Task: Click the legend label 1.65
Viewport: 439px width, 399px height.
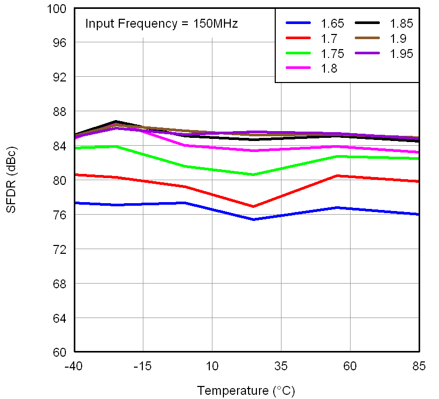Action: point(332,24)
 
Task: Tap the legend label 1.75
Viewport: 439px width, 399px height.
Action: point(332,53)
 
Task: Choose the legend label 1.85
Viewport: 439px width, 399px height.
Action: point(402,24)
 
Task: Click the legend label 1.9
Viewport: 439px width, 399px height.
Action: point(398,38)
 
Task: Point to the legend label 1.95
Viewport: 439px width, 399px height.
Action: point(402,53)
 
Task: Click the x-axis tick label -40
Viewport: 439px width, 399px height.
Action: point(74,366)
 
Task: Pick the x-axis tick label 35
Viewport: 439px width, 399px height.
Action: point(281,366)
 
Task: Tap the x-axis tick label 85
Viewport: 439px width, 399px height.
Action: point(419,366)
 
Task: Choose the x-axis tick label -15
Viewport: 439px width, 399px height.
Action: point(143,366)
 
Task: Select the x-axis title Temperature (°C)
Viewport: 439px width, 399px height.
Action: point(246,390)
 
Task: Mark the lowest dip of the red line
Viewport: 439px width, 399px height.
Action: point(253,206)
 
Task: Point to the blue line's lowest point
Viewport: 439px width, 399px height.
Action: point(253,219)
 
